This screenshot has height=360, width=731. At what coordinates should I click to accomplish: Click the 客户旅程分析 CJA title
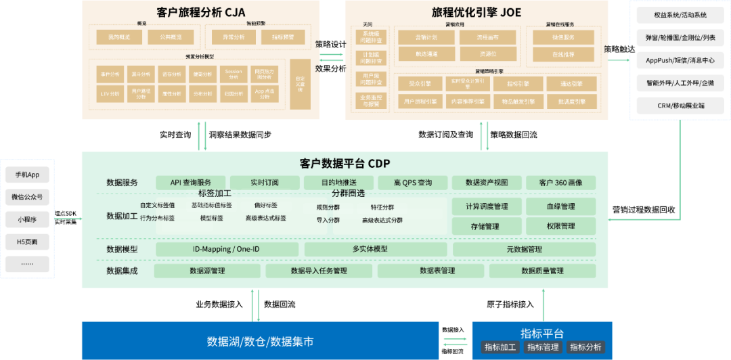click(x=201, y=12)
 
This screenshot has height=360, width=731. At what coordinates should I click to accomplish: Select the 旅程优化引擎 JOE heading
click(x=477, y=12)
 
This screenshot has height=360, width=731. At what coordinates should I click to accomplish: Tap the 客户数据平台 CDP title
click(x=345, y=163)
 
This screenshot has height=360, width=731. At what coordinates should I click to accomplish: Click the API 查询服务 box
click(x=191, y=183)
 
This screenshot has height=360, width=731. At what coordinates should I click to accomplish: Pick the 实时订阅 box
click(x=265, y=183)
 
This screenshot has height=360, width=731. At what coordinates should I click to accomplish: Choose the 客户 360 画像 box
click(x=560, y=183)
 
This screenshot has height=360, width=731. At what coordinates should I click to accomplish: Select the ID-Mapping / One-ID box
click(x=226, y=249)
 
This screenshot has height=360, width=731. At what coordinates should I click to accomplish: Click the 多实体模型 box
click(x=370, y=249)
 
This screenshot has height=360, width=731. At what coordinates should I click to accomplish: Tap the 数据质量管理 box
click(x=542, y=271)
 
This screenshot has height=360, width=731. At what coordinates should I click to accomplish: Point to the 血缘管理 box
click(x=560, y=206)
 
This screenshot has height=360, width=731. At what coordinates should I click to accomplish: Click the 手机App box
click(x=26, y=175)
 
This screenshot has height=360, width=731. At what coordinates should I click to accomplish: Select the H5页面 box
click(x=26, y=242)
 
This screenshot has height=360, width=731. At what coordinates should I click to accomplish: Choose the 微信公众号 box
click(x=26, y=198)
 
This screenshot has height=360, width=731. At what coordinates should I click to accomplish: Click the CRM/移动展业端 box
click(x=680, y=106)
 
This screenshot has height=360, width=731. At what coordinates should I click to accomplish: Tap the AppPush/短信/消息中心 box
click(x=680, y=60)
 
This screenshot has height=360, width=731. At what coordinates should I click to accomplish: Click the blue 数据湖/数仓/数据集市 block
click(x=260, y=341)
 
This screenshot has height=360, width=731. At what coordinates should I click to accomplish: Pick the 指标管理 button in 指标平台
click(x=542, y=347)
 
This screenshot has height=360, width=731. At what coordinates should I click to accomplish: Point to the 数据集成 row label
click(x=122, y=271)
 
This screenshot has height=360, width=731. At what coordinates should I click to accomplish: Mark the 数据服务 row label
click(x=122, y=183)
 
